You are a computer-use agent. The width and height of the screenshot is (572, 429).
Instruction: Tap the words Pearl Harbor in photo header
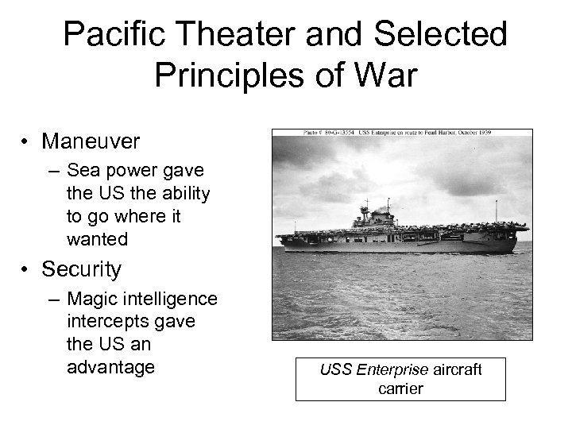439,133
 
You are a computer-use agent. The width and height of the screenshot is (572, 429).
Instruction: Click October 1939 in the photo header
489,133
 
